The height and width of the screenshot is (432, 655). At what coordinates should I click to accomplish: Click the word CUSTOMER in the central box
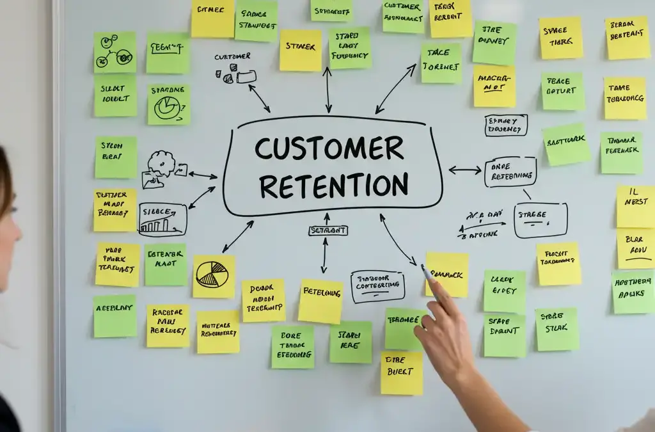329,148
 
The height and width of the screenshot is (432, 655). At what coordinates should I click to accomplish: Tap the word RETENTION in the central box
333,186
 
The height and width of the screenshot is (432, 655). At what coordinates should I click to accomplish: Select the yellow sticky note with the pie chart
214,276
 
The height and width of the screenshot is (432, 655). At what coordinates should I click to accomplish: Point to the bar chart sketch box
162,220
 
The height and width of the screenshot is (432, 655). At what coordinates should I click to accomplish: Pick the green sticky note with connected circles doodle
114,52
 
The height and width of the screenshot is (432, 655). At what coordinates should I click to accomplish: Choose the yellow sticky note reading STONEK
300,49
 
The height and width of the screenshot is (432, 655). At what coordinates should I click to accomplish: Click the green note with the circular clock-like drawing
169,104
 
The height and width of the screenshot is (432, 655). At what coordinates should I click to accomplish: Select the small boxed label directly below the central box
327,230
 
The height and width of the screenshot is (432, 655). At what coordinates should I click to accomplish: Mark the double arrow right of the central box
465,170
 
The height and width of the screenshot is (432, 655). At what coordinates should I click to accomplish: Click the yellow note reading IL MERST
635,206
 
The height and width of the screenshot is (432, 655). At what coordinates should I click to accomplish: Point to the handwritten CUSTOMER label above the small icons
232,58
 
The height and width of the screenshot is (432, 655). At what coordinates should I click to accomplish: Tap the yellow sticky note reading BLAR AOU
635,248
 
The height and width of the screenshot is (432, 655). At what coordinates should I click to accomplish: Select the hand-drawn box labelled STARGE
541,220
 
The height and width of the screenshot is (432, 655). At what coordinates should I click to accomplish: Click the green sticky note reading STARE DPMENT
504,335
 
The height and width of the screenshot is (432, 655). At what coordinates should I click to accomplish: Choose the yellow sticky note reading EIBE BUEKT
402,372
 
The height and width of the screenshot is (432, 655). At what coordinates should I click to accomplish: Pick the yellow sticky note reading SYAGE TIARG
560,38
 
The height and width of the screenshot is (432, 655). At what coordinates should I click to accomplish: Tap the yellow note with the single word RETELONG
320,301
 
